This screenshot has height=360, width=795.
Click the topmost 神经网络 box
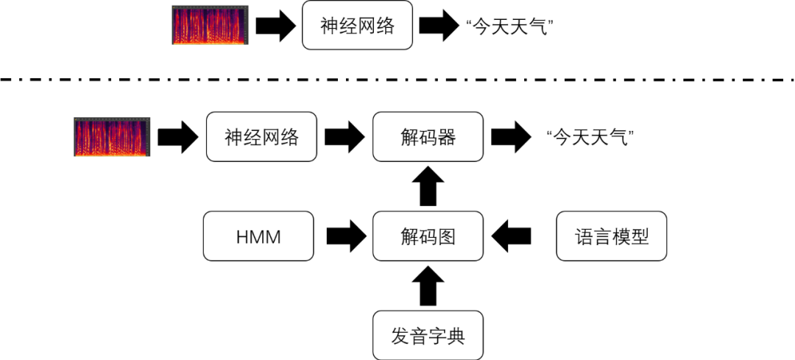click(357, 26)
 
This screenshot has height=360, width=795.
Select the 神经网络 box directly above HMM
click(261, 137)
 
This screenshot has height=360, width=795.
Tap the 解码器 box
click(428, 137)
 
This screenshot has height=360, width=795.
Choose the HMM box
click(258, 236)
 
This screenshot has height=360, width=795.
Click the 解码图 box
click(428, 236)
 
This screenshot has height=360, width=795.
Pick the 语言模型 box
click(612, 236)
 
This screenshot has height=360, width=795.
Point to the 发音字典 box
click(428, 336)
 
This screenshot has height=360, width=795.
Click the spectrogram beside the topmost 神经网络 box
click(210, 25)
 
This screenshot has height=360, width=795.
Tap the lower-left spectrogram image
click(112, 137)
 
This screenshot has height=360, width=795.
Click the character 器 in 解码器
click(447, 137)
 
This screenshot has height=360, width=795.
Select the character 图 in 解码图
click(447, 236)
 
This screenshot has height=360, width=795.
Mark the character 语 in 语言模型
click(584, 236)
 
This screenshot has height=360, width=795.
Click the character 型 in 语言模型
click(640, 236)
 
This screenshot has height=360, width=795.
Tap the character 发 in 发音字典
click(400, 336)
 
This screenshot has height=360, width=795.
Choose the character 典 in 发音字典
click(456, 336)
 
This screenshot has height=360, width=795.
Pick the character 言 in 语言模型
click(603, 236)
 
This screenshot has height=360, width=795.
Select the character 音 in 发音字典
click(419, 336)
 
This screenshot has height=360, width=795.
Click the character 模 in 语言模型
click(621, 236)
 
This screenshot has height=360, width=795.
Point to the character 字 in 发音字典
click(437, 336)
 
